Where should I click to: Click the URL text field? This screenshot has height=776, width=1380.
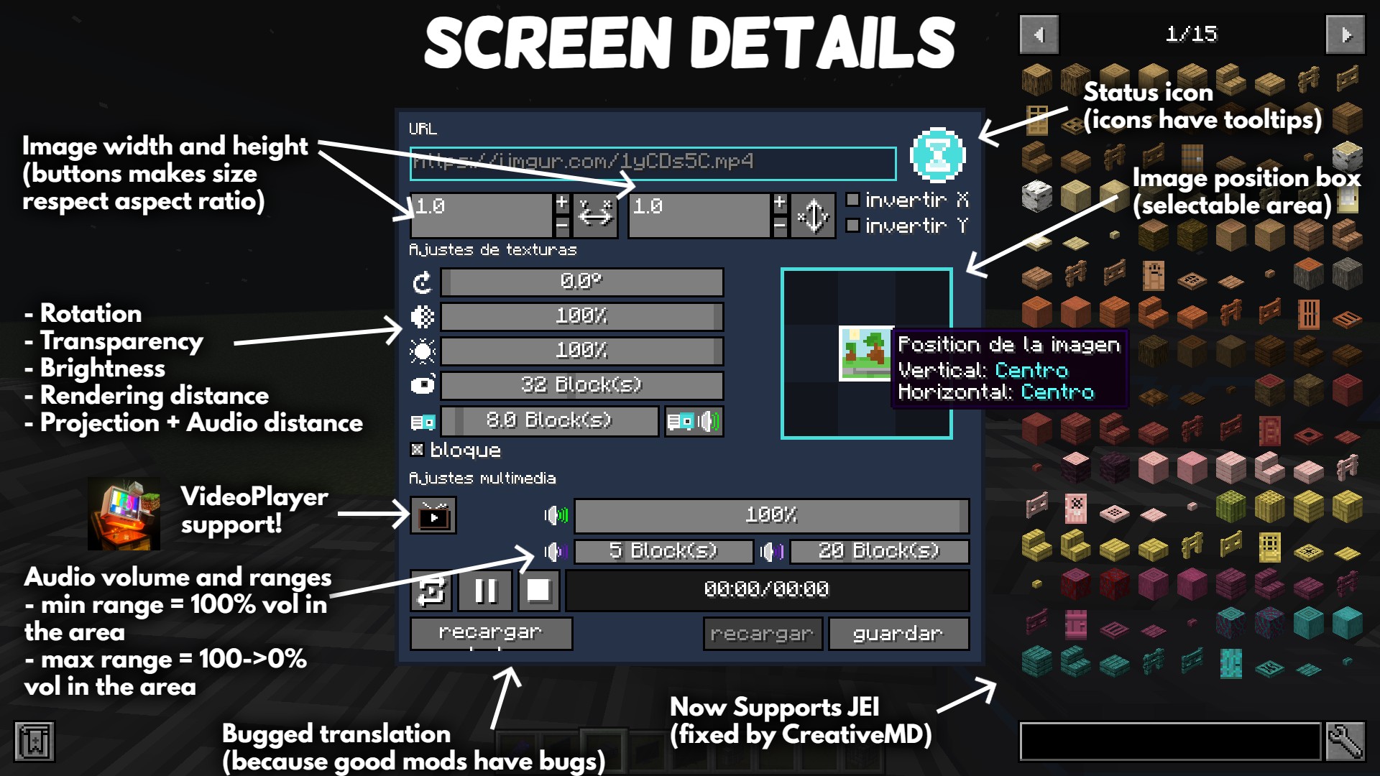pyautogui.click(x=653, y=162)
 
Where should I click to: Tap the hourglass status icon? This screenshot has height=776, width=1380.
pyautogui.click(x=937, y=155)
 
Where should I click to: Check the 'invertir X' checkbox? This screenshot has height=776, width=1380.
pyautogui.click(x=853, y=200)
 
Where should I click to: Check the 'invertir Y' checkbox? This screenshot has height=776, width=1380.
pyautogui.click(x=853, y=226)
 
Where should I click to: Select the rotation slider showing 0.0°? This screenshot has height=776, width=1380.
pyautogui.click(x=581, y=282)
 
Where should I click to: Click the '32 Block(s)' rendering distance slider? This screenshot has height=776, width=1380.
pyautogui.click(x=581, y=385)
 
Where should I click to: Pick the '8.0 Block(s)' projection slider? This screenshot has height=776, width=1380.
pyautogui.click(x=549, y=420)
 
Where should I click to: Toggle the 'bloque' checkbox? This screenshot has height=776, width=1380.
pyautogui.click(x=417, y=450)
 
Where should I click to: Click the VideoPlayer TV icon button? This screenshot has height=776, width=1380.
pyautogui.click(x=433, y=516)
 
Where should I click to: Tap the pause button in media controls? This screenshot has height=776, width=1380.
pyautogui.click(x=486, y=591)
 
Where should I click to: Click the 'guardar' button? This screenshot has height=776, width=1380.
pyautogui.click(x=898, y=634)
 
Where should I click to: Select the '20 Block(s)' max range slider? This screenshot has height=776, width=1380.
pyautogui.click(x=879, y=551)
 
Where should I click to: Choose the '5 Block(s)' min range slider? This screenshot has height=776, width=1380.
pyautogui.click(x=663, y=551)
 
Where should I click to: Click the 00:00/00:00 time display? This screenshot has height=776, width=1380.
pyautogui.click(x=767, y=590)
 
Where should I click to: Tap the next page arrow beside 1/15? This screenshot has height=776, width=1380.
pyautogui.click(x=1345, y=34)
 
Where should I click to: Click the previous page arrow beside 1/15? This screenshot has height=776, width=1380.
pyautogui.click(x=1039, y=34)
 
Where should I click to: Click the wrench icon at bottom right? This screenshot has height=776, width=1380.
pyautogui.click(x=1344, y=741)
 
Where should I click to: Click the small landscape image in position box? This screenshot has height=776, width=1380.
pyautogui.click(x=865, y=353)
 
